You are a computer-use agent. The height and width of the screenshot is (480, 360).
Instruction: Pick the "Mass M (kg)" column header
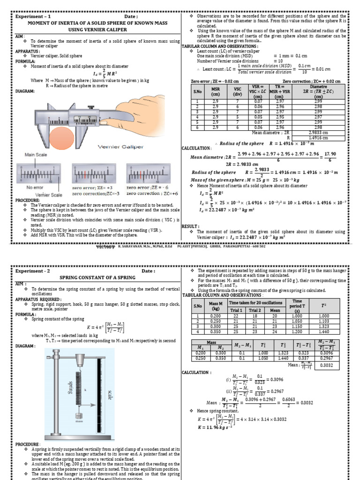216,307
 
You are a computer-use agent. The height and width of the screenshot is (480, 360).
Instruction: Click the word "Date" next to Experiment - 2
146,271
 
